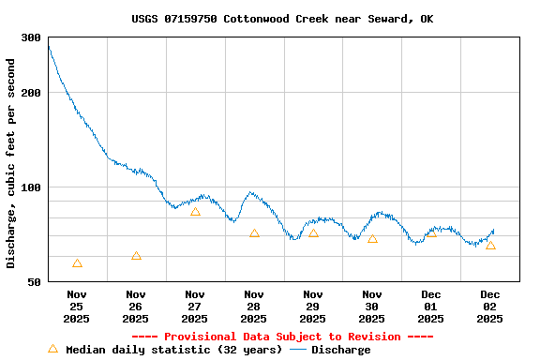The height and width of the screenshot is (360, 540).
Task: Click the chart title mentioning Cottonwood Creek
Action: click(x=282, y=19)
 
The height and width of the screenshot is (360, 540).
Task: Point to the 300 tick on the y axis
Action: click(x=31, y=37)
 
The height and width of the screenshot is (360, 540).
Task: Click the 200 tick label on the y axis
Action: click(x=31, y=93)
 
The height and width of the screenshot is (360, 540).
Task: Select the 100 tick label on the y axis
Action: click(x=31, y=187)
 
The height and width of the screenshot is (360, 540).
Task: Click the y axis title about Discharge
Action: click(x=11, y=163)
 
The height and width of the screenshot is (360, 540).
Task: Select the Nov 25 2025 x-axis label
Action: click(x=76, y=307)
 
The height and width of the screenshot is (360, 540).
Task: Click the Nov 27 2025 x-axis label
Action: click(x=194, y=307)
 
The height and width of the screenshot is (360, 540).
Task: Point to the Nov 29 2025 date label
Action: click(x=312, y=307)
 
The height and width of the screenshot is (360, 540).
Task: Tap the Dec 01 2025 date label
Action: click(x=430, y=307)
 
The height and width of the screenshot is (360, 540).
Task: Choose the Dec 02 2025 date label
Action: click(x=489, y=307)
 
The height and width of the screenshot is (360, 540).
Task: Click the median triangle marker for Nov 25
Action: click(x=77, y=263)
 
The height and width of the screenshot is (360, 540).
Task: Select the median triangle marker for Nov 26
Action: click(x=136, y=256)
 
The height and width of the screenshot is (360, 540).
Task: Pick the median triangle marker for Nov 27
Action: click(x=195, y=212)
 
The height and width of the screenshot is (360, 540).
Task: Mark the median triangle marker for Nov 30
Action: click(x=372, y=239)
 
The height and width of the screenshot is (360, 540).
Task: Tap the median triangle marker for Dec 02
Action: click(x=490, y=246)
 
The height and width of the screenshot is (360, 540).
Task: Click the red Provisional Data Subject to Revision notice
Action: click(x=282, y=337)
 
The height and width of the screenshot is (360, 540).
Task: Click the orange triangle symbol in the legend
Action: click(x=53, y=349)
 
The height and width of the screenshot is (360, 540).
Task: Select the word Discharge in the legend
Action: click(x=340, y=350)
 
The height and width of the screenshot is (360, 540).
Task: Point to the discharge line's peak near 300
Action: click(x=49, y=46)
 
